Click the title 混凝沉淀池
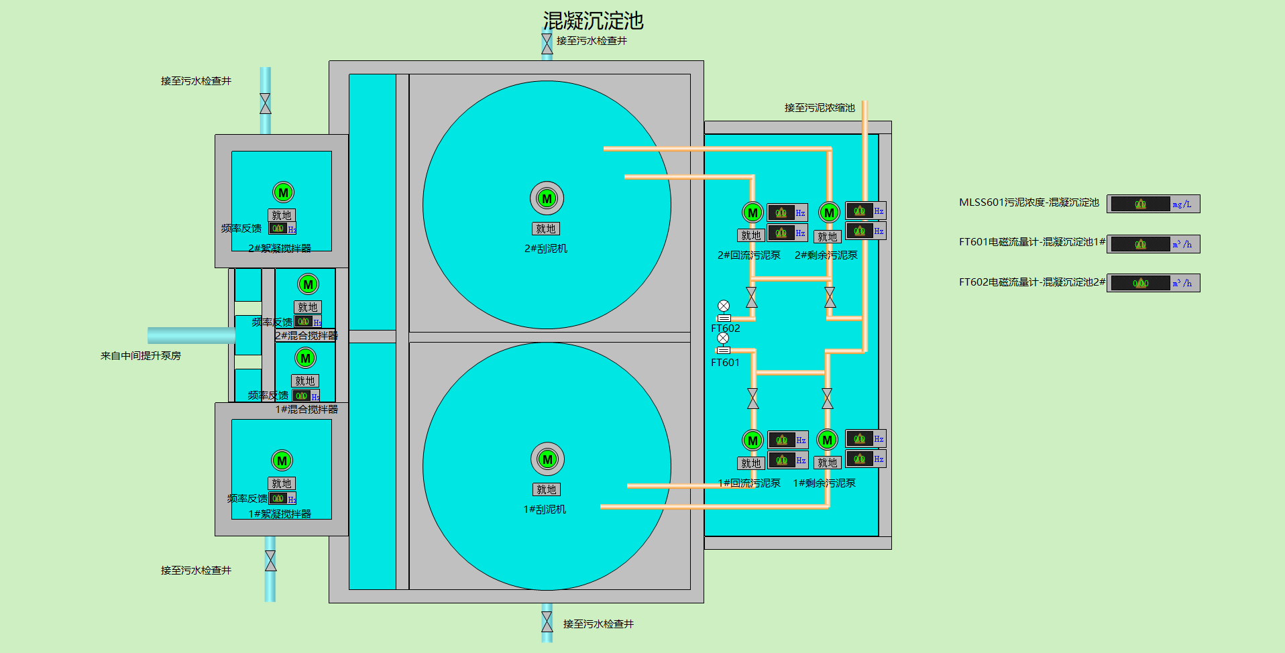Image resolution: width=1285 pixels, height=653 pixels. pos(593,21)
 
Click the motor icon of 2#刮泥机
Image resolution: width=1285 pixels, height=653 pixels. pos(547,198)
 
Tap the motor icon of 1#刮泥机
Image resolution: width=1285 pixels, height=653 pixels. pos(547,459)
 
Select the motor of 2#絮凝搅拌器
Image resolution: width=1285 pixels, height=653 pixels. pos(283,192)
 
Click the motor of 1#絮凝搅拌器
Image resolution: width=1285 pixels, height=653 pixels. pos(282,461)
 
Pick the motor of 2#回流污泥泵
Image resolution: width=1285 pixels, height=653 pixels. pos(752,213)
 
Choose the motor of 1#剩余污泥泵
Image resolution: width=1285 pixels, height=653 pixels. pos(827,440)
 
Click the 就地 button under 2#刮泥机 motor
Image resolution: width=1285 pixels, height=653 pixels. pos(546,229)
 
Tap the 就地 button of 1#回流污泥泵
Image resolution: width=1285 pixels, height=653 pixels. pos(750,463)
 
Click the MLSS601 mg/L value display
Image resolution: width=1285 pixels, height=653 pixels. pos(1140,204)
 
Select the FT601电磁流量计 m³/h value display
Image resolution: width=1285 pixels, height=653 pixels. pos(1140,244)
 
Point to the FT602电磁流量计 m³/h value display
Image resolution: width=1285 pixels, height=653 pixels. pos(1140,283)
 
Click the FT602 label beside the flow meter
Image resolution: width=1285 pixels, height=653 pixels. pos(726,329)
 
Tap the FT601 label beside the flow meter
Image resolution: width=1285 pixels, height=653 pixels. pos(725,363)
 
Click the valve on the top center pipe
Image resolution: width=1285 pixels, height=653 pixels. pos(547,44)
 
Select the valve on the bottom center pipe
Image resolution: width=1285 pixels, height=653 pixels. pos(547,622)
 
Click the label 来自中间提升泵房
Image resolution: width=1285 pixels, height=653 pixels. pos(141,356)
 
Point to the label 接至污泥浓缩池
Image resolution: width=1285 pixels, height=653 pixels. pos(820,108)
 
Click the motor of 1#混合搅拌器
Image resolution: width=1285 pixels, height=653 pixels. pos(305,358)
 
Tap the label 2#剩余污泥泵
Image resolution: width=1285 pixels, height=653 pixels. pos(826,255)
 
